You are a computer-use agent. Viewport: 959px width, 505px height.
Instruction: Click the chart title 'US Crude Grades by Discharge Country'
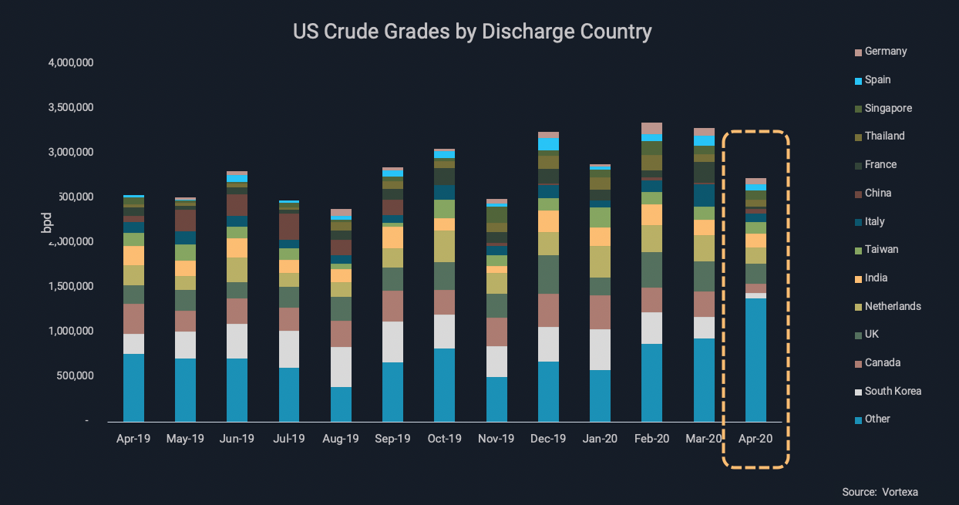click(472, 32)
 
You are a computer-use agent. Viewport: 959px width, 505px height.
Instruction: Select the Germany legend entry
click(886, 52)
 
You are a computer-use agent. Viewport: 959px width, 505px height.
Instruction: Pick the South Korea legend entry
click(893, 391)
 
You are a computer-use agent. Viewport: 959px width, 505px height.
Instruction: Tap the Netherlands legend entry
click(893, 306)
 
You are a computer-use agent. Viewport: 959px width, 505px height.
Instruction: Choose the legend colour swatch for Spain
click(858, 80)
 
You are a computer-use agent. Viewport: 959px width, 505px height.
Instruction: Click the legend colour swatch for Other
click(858, 419)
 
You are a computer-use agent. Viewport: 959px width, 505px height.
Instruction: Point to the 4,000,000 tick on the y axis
click(70, 62)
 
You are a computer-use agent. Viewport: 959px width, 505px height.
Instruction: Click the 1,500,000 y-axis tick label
click(70, 286)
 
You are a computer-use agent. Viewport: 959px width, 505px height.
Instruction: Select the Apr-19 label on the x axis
click(133, 438)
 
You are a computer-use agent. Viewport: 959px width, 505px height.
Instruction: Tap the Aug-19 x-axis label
click(340, 438)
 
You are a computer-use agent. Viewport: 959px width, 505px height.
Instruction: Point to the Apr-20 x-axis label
click(755, 438)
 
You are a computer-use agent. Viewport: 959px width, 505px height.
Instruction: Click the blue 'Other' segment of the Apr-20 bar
click(755, 359)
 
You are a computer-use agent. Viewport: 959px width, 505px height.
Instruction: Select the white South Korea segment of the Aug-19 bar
click(341, 367)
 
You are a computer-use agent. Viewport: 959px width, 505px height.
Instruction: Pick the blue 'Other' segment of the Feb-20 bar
click(651, 382)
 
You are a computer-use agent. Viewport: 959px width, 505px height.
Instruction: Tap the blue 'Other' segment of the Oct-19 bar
click(444, 385)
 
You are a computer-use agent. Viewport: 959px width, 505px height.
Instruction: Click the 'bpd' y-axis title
click(46, 221)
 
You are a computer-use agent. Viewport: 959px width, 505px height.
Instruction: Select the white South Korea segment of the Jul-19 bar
click(289, 349)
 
